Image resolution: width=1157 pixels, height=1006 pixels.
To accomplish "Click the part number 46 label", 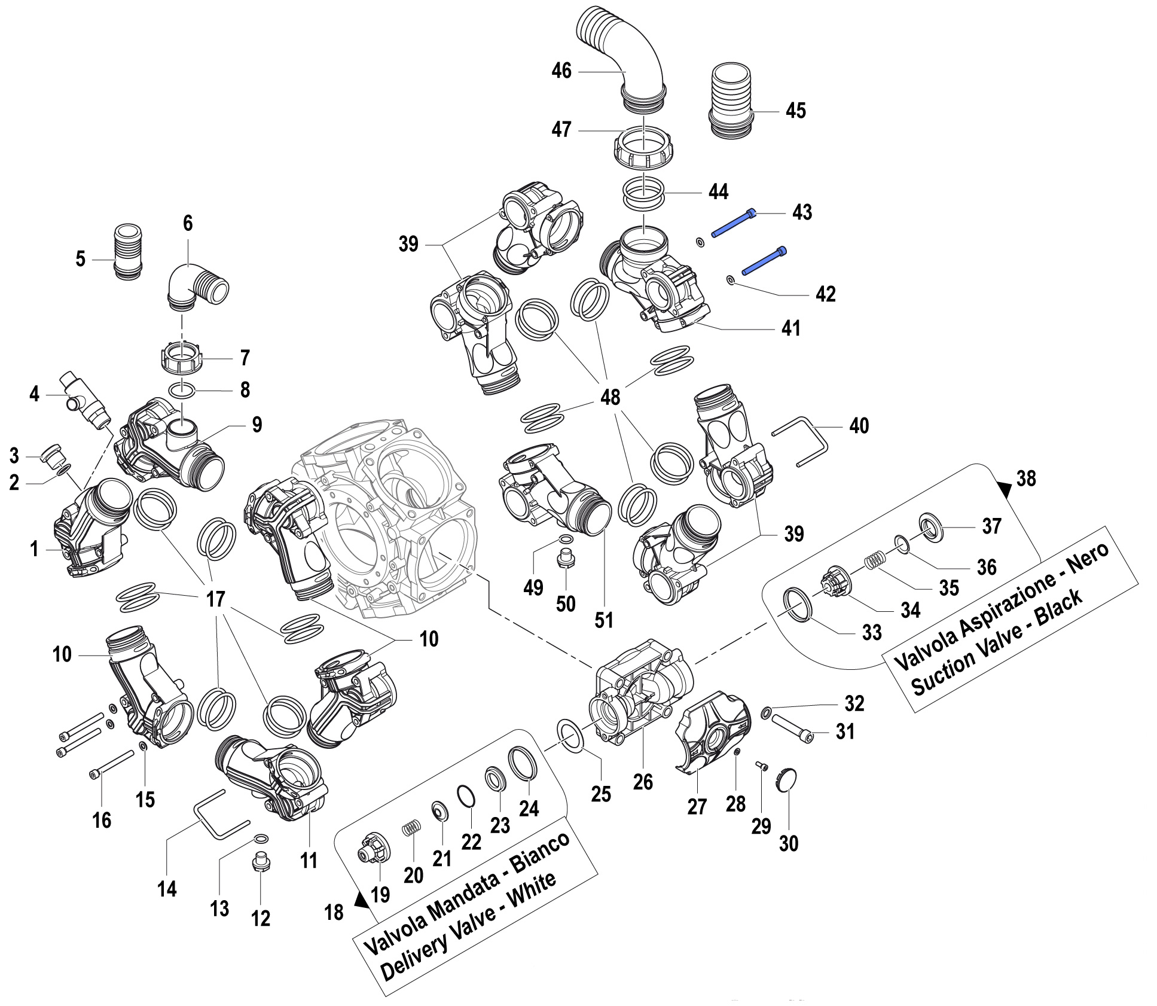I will pos(561,71).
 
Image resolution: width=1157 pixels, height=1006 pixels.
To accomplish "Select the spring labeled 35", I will pos(876,560).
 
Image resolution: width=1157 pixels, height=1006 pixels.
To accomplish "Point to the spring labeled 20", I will pos(411,829).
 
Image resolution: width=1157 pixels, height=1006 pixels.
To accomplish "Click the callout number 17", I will pos(215,599).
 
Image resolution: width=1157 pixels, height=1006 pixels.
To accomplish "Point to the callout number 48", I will pos(610,397).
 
